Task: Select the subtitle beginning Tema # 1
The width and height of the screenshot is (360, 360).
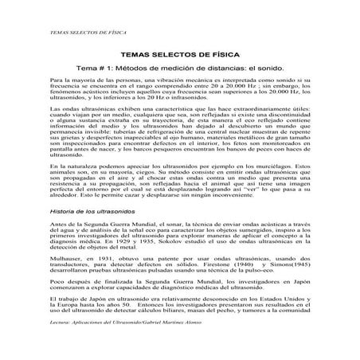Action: point(179,70)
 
